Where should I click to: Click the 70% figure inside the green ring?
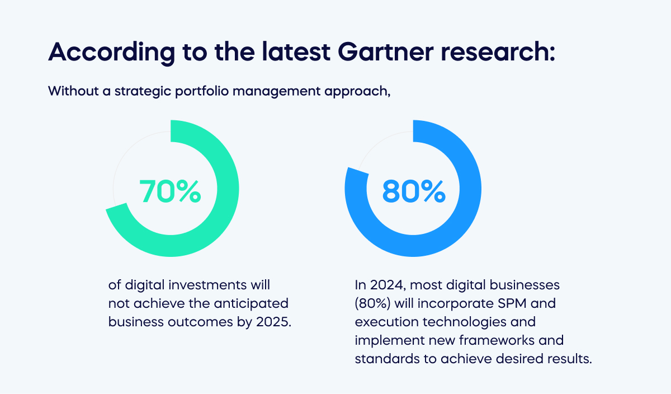pyautogui.click(x=170, y=191)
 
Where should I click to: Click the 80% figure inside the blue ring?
pyautogui.click(x=414, y=191)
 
